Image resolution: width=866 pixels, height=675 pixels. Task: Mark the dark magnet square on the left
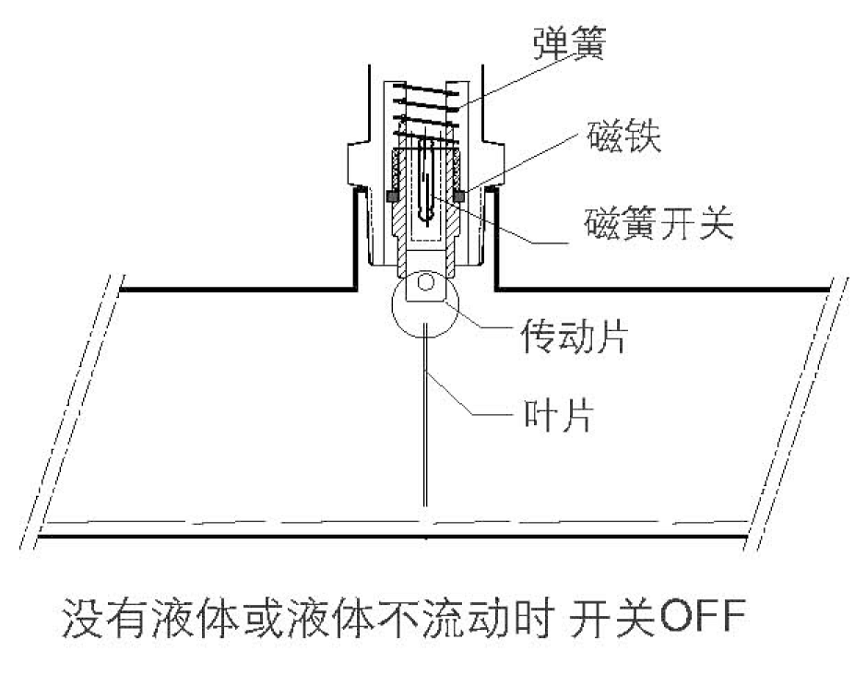[391, 196]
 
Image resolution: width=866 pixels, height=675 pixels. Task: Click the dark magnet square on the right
[457, 196]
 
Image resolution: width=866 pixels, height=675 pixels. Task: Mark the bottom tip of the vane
[424, 503]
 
